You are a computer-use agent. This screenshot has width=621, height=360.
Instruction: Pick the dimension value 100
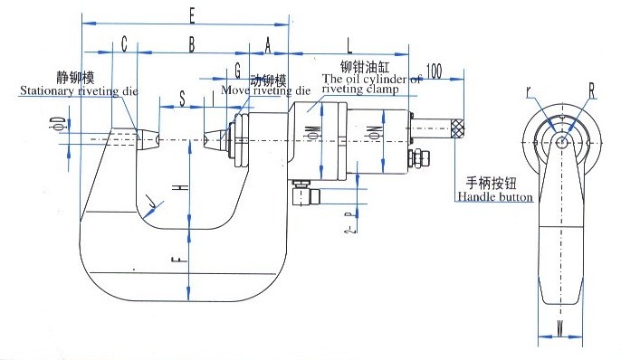pos(433,71)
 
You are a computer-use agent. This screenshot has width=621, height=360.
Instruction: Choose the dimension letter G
pos(237,70)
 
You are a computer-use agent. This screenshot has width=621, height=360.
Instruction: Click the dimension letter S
pos(182,99)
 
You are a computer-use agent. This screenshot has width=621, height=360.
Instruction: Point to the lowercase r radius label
pos(528,90)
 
